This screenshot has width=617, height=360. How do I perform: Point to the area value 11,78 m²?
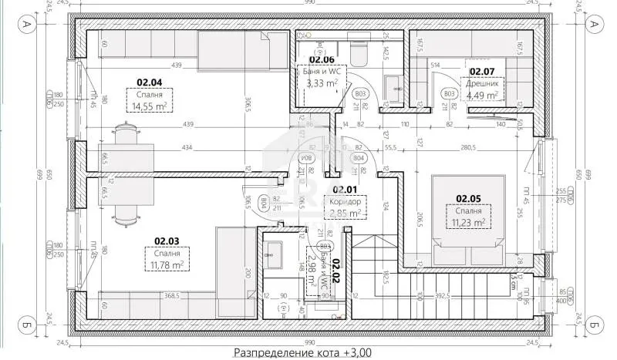coord(166,264)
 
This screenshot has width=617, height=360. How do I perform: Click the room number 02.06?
coord(322,59)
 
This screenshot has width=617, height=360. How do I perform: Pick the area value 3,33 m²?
coord(322,83)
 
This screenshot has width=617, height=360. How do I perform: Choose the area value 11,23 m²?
coord(468,222)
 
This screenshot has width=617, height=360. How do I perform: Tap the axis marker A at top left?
coord(26,25)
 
